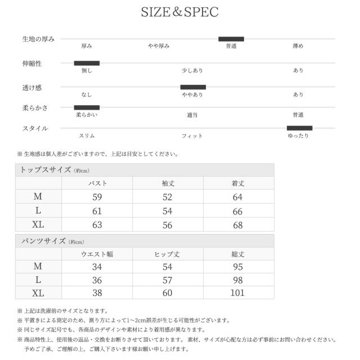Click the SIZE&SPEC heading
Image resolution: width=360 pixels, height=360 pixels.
tap(179, 12)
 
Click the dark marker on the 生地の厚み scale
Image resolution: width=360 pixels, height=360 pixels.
tap(231, 39)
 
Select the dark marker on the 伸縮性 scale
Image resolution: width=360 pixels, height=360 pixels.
tap(87, 63)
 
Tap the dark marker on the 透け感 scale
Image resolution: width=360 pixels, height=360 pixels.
tap(193, 87)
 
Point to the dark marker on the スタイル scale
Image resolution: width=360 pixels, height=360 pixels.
tap(299, 128)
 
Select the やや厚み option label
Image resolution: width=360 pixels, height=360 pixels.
tap(159, 46)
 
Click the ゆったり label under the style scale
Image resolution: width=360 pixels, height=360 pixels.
tap(298, 136)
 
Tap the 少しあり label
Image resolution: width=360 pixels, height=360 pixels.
tap(192, 71)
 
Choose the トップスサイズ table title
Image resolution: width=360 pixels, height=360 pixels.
tap(46, 170)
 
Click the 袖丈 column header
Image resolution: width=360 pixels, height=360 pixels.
tap(168, 183)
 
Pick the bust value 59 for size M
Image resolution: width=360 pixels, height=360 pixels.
tap(97, 197)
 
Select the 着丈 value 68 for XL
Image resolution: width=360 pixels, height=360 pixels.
tap(238, 225)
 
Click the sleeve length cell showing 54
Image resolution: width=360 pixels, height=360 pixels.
tap(168, 211)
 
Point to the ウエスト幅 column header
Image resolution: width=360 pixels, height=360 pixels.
tap(97, 254)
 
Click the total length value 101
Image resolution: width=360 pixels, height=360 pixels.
tap(238, 293)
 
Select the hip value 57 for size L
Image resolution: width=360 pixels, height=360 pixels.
tap(168, 280)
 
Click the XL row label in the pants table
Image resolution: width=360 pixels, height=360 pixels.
tap(38, 293)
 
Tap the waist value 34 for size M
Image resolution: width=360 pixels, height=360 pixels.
tap(97, 267)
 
